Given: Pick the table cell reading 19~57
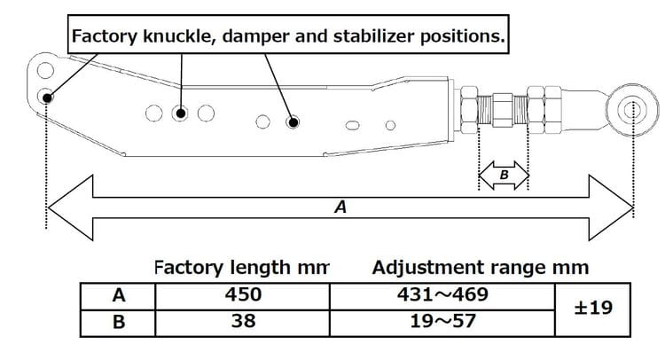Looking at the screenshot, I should (441, 322).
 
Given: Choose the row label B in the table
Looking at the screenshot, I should (117, 322).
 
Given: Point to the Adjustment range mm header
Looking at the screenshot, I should (480, 267).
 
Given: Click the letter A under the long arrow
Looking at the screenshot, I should (340, 207).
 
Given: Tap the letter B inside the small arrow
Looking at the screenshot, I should (504, 176).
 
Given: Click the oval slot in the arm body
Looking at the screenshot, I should (352, 124).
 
